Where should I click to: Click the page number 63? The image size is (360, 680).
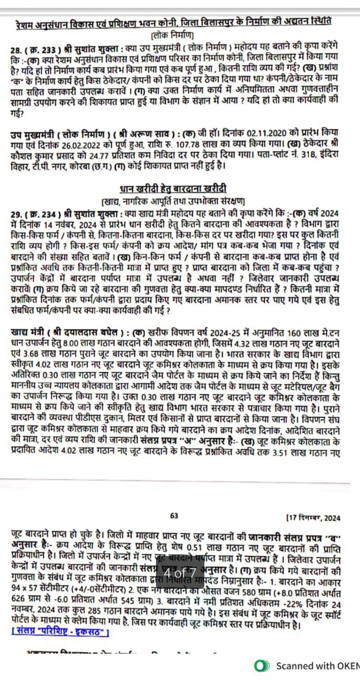[174, 516]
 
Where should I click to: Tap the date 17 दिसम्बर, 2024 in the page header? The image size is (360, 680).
[314, 518]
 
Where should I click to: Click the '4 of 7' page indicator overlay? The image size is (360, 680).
[180, 573]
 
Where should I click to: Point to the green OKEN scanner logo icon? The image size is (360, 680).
[261, 666]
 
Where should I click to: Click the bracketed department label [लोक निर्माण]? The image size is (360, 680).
[172, 34]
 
